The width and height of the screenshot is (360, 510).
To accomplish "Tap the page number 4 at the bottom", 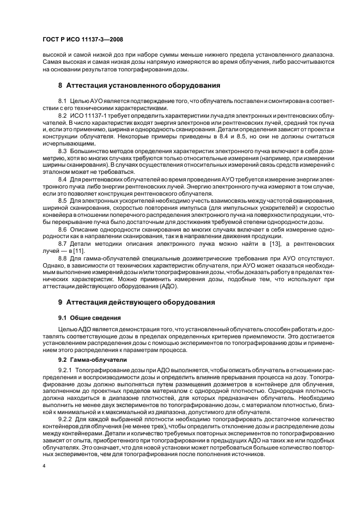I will [x=44, y=466].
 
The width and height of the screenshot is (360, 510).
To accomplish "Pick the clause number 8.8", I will [x=63, y=258].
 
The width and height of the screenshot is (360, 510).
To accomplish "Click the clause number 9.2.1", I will [x=65, y=369].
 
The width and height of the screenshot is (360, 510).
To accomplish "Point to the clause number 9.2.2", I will [x=65, y=420].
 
